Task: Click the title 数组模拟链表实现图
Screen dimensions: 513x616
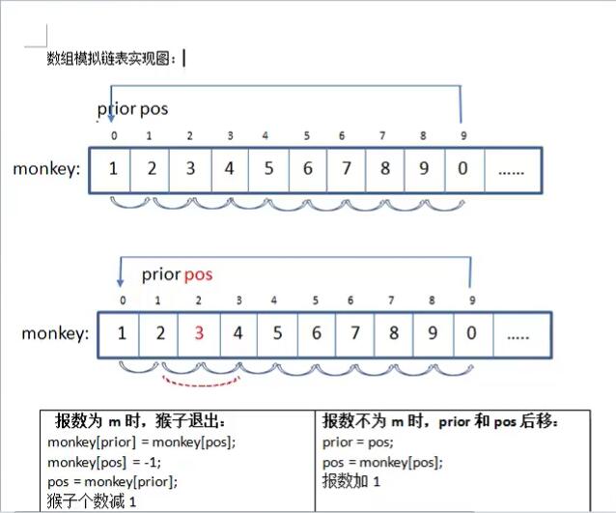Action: click(x=111, y=58)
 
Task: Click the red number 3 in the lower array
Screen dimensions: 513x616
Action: click(x=199, y=334)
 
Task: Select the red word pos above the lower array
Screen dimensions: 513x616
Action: click(x=198, y=274)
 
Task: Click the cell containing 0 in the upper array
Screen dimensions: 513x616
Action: click(x=462, y=168)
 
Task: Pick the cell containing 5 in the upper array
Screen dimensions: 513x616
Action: click(x=267, y=168)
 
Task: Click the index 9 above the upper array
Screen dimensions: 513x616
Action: click(x=462, y=135)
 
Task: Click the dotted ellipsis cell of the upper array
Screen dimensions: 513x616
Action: click(x=511, y=168)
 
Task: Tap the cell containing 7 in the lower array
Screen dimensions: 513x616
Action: click(x=354, y=334)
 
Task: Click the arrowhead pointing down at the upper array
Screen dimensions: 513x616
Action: click(x=111, y=116)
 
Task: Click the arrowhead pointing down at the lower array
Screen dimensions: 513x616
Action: click(x=121, y=281)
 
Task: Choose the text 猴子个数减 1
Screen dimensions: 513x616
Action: click(x=93, y=500)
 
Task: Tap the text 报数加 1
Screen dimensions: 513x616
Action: click(x=352, y=481)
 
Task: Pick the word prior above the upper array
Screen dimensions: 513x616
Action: click(x=117, y=108)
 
